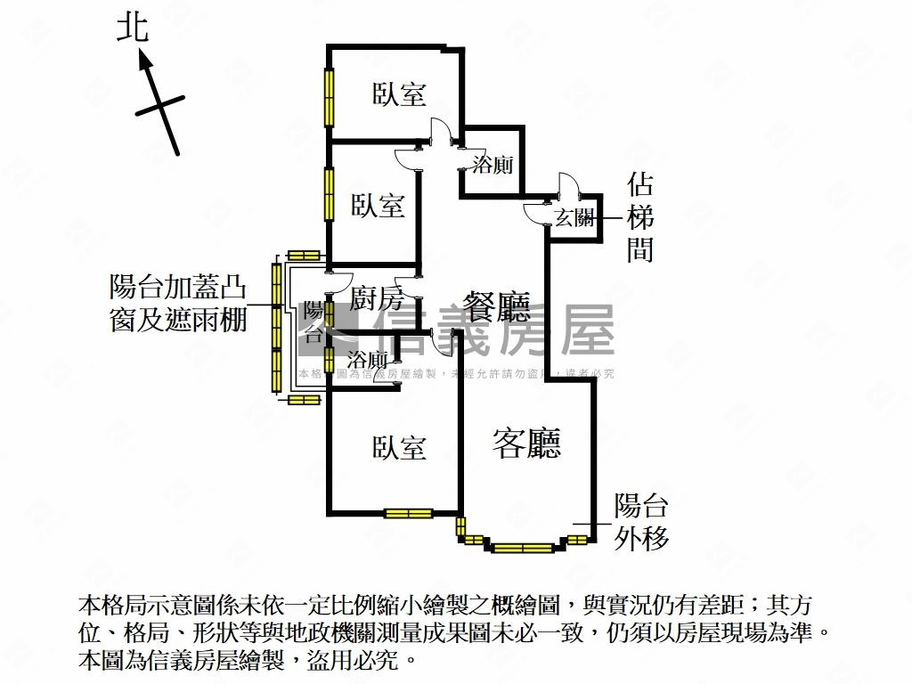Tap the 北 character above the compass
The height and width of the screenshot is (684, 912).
(133, 29)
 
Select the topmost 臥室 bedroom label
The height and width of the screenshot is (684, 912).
(399, 94)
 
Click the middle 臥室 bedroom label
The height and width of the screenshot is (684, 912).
(378, 206)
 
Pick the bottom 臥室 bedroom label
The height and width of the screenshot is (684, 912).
(399, 447)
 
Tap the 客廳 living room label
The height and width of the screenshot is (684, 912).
(527, 443)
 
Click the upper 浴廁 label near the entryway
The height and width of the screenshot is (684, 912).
(493, 166)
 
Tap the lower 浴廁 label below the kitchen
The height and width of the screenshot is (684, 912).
(367, 360)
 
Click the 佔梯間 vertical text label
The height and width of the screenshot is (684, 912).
(640, 217)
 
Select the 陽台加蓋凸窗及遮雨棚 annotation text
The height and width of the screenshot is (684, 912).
(177, 303)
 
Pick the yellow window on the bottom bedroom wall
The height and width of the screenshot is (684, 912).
(408, 513)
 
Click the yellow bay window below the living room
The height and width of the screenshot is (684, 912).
(522, 547)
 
